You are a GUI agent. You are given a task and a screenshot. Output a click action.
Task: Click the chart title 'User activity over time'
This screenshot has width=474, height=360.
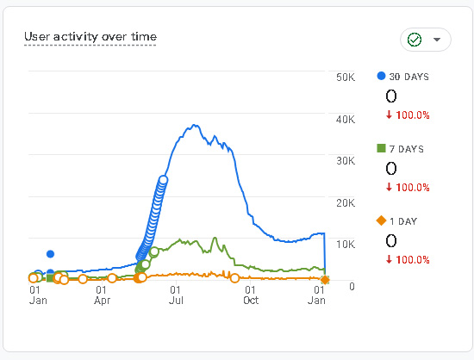tap(90, 36)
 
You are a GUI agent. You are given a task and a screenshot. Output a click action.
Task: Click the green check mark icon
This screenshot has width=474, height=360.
tap(414, 40)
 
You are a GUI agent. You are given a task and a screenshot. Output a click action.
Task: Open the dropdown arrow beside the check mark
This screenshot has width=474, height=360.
tap(438, 40)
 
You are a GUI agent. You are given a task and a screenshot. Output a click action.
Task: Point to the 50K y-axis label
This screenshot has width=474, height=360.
tap(345, 78)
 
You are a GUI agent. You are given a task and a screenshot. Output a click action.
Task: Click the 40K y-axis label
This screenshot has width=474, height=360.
tap(345, 119)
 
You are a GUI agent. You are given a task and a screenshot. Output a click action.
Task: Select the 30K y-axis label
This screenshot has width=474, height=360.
tap(345, 161)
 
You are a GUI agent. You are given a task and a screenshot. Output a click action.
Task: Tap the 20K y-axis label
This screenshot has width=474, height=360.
tap(345, 203)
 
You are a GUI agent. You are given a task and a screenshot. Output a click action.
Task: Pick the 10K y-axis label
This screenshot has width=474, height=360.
tap(345, 245)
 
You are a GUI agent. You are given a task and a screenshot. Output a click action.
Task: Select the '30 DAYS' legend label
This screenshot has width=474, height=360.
tap(409, 77)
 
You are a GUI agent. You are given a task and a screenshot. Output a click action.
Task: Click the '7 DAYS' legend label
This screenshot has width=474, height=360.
tap(405, 149)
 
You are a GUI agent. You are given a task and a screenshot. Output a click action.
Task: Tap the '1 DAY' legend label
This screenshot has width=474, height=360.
tap(402, 221)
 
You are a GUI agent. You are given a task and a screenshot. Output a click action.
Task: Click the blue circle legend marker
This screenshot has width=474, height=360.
tap(382, 76)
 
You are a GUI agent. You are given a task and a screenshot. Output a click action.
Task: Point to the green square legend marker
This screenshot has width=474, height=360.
tap(382, 149)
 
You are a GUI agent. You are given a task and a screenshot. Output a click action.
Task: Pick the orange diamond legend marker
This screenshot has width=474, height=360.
tap(382, 221)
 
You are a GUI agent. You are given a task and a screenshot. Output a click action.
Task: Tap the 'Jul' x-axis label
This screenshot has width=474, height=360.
tap(176, 301)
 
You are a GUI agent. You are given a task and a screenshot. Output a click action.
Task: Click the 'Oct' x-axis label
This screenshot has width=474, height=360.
tap(250, 301)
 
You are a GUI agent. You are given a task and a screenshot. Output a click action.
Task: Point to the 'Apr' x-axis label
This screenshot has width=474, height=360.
tap(103, 301)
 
